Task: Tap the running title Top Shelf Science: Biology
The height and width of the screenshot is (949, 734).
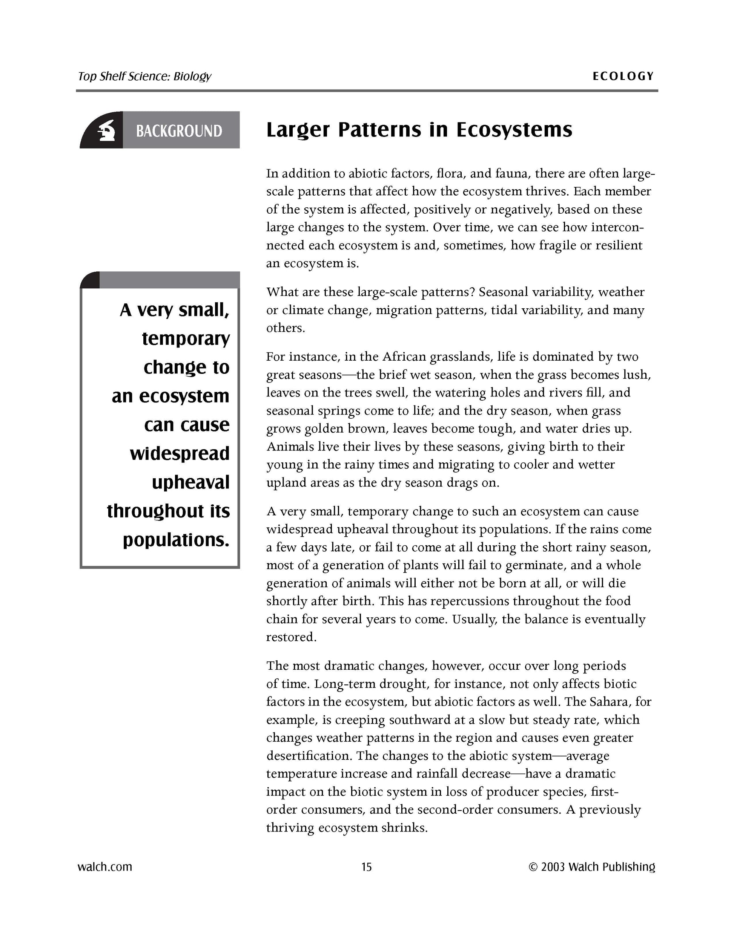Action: tap(144, 77)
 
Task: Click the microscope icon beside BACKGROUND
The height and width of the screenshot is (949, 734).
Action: tap(106, 130)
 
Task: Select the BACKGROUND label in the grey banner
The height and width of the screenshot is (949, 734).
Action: tap(179, 131)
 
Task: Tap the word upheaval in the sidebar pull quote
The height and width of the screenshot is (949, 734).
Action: tap(190, 482)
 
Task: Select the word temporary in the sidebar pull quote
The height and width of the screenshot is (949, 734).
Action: tap(186, 338)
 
